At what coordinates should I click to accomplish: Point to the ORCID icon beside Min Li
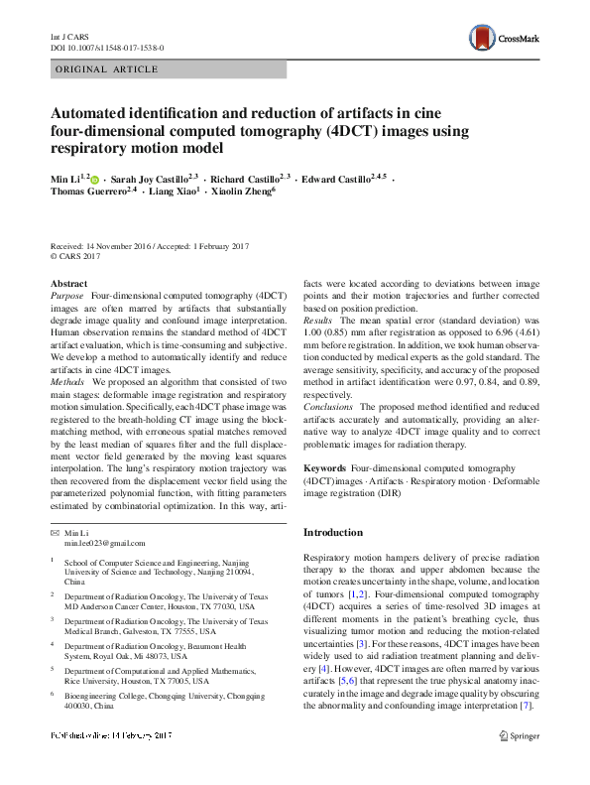click(x=95, y=179)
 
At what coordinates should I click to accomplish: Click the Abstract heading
click(x=68, y=283)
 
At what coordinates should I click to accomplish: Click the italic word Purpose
click(x=67, y=296)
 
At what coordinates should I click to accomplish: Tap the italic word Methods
click(x=67, y=381)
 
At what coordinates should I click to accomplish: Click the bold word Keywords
click(x=324, y=466)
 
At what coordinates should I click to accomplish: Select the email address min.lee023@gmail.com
click(x=105, y=543)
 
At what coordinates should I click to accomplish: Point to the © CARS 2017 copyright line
click(x=75, y=256)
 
